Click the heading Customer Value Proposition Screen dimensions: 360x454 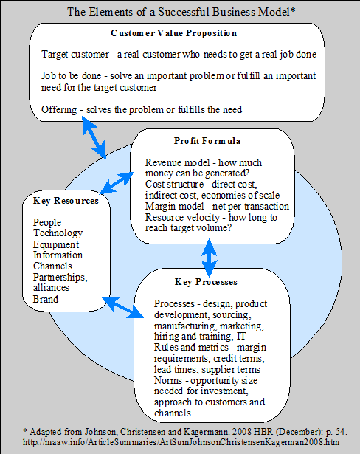(173, 33)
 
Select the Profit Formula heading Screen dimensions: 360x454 (207, 141)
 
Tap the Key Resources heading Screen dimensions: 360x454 (66, 201)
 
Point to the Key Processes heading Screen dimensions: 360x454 (206, 282)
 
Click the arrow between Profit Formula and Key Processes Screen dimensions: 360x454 (210, 258)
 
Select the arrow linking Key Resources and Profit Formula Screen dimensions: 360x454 (117, 182)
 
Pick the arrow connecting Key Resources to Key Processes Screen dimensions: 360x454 (123, 308)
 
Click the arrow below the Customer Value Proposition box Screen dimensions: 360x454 (94, 137)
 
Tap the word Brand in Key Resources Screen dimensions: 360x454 (46, 299)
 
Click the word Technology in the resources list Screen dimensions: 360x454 (58, 233)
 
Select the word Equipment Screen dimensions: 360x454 (56, 244)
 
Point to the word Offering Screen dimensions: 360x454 (59, 110)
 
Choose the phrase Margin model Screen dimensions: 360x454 (175, 206)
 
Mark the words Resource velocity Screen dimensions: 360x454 (183, 217)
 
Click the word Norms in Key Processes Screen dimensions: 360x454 (168, 380)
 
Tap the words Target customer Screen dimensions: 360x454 (75, 55)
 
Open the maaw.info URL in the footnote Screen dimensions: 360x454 (181, 442)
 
